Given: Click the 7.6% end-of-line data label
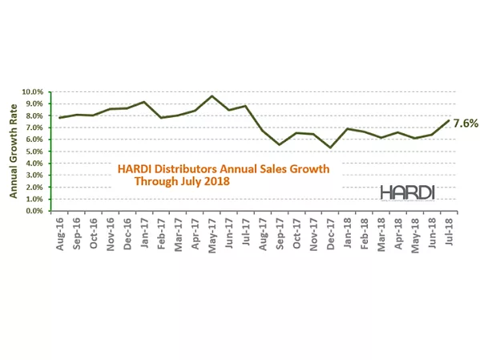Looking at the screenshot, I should click(x=466, y=123).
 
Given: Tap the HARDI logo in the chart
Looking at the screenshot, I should click(x=409, y=192).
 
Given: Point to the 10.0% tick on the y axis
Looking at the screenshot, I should click(x=34, y=91).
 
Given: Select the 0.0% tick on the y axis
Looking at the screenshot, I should click(x=35, y=211).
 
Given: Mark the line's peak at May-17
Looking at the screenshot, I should click(x=212, y=96).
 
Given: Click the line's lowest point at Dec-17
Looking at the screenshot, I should click(x=330, y=148).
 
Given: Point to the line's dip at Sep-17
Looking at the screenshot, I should click(x=280, y=144).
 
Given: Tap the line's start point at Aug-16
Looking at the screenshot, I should click(x=59, y=118).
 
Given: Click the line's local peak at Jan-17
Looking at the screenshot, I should click(x=143, y=102).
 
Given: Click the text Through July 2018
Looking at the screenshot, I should click(x=182, y=181).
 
